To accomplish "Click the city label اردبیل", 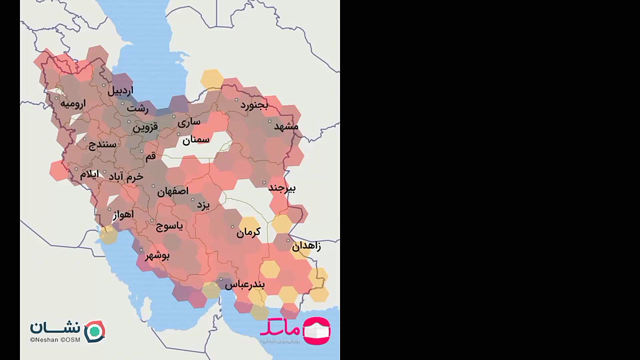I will tap(120, 91).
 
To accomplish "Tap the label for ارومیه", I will tap(73, 104).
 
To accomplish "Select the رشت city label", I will tap(137, 109).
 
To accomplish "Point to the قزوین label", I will tap(145, 127).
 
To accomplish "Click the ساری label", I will tap(189, 122).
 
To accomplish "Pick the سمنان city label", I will tap(196, 140).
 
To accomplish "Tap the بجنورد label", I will tap(254, 105).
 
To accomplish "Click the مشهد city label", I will tap(286, 126).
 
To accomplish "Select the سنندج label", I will tap(102, 145).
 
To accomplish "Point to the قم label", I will tap(151, 156).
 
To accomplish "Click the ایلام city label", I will tap(89, 174).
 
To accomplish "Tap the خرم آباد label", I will tap(126, 177).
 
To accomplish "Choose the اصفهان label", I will tap(173, 191).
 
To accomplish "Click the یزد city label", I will tap(203, 205).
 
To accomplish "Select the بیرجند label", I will tap(282, 188).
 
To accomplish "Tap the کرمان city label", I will tap(248, 232).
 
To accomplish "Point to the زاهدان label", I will tap(306, 247).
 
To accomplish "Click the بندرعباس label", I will tap(245, 285).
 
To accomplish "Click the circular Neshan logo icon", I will tap(95, 331).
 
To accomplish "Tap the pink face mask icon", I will tap(316, 330).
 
